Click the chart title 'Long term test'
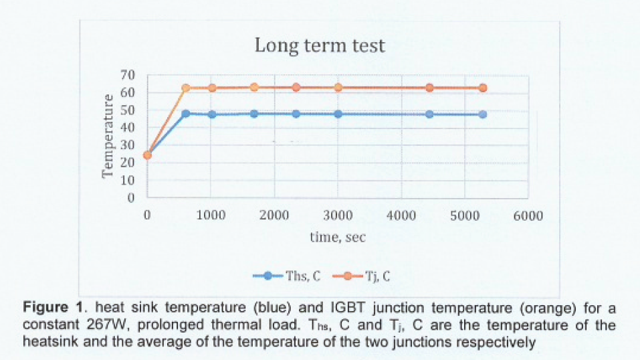coord(320,46)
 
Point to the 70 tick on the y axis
coord(127,75)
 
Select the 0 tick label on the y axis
coord(131,198)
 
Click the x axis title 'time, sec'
coord(337,237)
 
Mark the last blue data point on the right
coord(482,114)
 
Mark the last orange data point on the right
coord(482,88)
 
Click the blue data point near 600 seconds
coord(186,114)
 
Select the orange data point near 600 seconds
coord(186,88)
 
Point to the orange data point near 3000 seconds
coord(338,88)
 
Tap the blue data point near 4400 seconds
coord(429,114)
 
